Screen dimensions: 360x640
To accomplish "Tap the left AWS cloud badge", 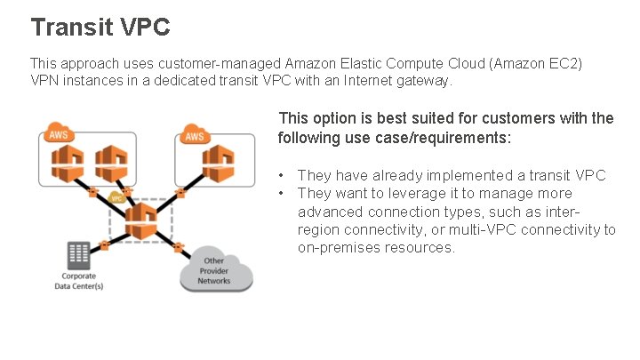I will click(x=59, y=136).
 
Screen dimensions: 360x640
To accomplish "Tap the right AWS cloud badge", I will click(x=195, y=136).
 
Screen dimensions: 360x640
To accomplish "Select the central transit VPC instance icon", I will click(x=139, y=220).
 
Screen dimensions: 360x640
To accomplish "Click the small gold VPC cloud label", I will click(x=116, y=198).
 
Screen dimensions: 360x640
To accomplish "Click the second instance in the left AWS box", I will click(x=108, y=163).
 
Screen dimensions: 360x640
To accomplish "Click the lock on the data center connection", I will click(x=105, y=243).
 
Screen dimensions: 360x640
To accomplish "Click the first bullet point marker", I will click(x=281, y=176).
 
